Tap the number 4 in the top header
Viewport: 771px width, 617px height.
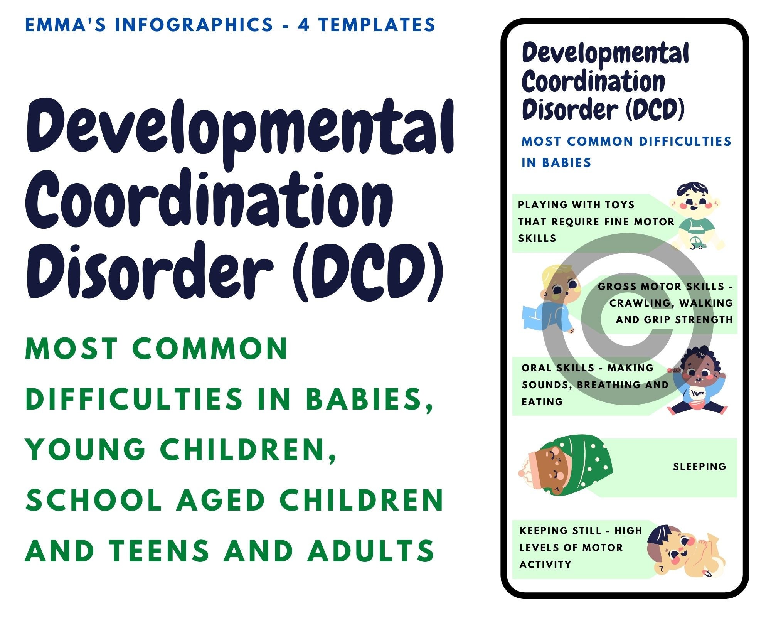(303, 25)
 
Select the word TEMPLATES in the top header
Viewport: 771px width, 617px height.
(377, 25)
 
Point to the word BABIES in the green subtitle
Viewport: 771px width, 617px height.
(369, 399)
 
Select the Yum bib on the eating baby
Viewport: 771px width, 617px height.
(697, 393)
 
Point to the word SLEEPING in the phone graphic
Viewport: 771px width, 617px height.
(699, 467)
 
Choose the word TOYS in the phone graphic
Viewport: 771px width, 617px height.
(619, 205)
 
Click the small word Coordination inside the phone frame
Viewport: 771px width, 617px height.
(593, 82)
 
